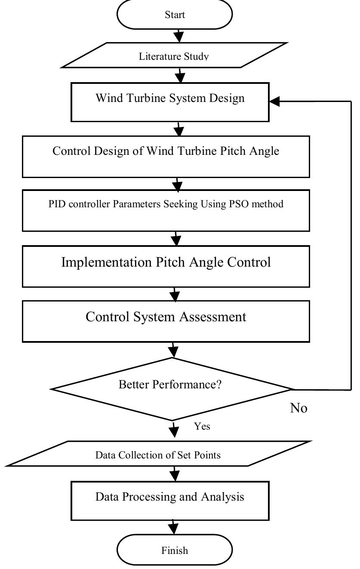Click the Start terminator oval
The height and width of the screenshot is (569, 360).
tap(175, 15)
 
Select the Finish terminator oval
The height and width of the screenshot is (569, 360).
tap(175, 550)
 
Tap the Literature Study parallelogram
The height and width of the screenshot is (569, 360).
tap(174, 55)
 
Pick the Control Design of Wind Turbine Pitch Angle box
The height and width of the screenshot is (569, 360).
tap(166, 157)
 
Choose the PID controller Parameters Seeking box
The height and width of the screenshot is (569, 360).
tap(166, 211)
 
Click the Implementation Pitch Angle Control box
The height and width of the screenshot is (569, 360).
tap(166, 266)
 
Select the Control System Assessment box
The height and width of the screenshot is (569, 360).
tap(166, 321)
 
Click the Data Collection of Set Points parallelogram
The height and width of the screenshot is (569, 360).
tap(158, 454)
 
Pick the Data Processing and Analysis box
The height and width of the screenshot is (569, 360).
tap(170, 501)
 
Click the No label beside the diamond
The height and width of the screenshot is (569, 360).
tap(299, 408)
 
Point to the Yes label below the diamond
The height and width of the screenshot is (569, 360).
tap(202, 426)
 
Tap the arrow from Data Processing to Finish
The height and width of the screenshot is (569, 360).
tap(173, 527)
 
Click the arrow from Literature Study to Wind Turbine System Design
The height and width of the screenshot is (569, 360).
tap(179, 75)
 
